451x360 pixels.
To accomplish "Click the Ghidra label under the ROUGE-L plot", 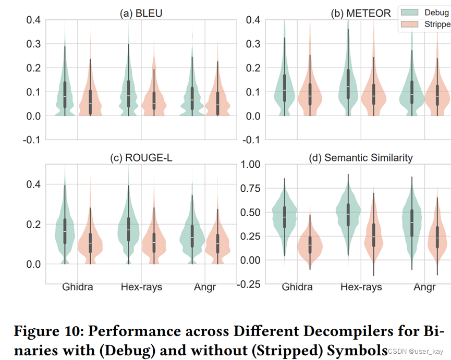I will point(77,287).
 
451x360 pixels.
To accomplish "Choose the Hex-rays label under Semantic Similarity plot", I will point(361,287).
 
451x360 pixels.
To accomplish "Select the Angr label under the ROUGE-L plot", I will point(204,287).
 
